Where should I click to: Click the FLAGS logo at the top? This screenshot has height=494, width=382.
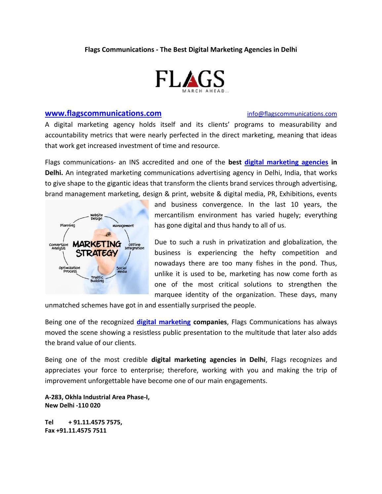pos(190,81)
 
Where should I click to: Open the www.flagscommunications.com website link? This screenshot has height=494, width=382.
pos(103,113)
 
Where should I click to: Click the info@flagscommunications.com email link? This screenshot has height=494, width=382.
pos(292,114)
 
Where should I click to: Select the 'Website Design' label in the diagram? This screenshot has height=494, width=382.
pos(96,217)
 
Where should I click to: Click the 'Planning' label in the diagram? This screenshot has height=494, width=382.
pos(67,225)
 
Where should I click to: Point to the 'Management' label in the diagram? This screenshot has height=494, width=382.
pos(123,226)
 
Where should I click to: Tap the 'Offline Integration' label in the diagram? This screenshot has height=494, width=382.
pos(134,246)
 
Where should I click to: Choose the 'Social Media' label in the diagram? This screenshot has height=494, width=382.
pos(122,269)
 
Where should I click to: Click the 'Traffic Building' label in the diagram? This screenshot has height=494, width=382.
pos(97,279)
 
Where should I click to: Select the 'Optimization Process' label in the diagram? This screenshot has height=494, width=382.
pos(70,269)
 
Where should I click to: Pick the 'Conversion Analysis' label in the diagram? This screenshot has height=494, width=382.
pos(58,246)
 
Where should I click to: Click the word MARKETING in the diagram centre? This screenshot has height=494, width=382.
pos(97,244)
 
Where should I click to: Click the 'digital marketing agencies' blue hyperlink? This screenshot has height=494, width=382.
pos(286,162)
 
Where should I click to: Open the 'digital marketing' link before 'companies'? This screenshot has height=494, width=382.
pos(164,322)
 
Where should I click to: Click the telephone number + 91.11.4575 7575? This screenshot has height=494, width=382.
pos(95,422)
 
